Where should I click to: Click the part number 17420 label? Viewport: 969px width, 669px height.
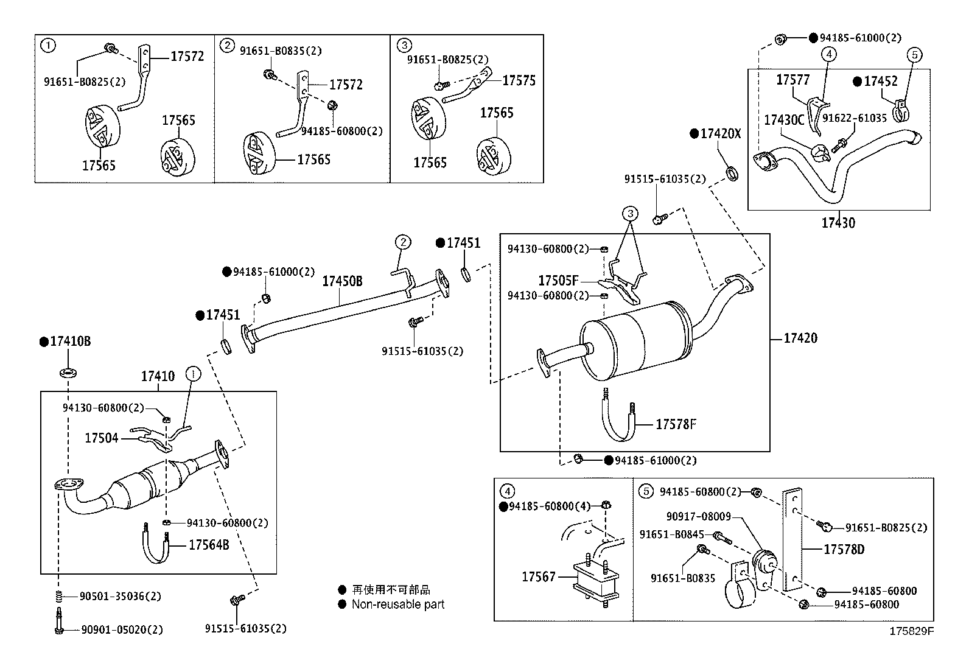point(800,338)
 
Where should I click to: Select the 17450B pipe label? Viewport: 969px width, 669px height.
point(342,281)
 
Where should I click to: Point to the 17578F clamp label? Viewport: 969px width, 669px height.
point(676,424)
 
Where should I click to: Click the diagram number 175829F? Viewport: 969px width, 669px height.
point(911,631)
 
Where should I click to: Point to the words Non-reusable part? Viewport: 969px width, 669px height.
point(398,604)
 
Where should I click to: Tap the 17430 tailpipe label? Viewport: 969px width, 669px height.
point(838,223)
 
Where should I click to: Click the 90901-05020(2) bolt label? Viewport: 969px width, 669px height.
point(122,630)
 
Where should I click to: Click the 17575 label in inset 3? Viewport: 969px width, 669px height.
point(519,80)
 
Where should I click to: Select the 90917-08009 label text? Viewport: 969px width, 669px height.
point(698,517)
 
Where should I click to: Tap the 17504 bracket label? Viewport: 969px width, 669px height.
point(101,438)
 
